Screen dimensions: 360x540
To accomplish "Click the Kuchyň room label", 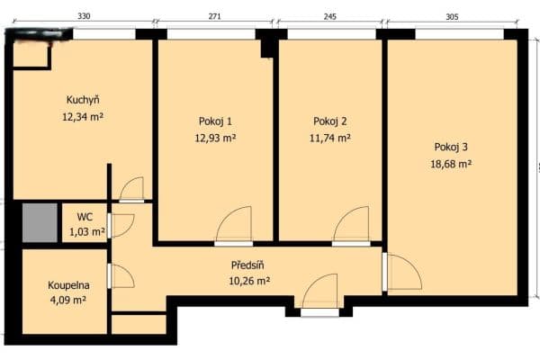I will point(83,100).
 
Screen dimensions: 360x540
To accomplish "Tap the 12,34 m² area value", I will point(83,116).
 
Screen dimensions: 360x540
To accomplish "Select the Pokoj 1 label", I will point(216,121).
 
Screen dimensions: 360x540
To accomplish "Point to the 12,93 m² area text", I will point(216,138).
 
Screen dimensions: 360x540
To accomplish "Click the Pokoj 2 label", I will point(330,121).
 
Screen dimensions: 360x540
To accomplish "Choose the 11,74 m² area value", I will point(330,138).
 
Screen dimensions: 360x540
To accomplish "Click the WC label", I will point(85,217).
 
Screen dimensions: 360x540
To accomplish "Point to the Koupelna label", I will point(68,285).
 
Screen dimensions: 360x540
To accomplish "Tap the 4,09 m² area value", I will point(67,301).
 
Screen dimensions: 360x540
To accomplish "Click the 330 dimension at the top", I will point(83,16).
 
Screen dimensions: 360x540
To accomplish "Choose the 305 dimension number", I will point(453,16).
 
